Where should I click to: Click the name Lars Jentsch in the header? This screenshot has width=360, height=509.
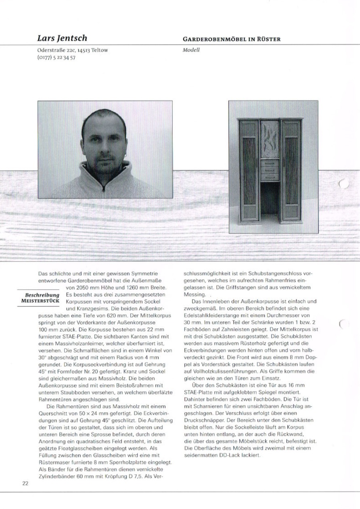[62, 38]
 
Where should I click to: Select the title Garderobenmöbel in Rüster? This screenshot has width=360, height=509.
[232, 39]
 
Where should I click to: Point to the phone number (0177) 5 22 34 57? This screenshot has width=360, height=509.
[56, 57]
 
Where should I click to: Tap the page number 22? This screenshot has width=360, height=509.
[25, 484]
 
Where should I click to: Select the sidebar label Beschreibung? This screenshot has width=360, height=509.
[42, 296]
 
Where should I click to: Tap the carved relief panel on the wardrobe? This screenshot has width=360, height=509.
[270, 139]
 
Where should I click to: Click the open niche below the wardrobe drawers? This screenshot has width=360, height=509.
[270, 200]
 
